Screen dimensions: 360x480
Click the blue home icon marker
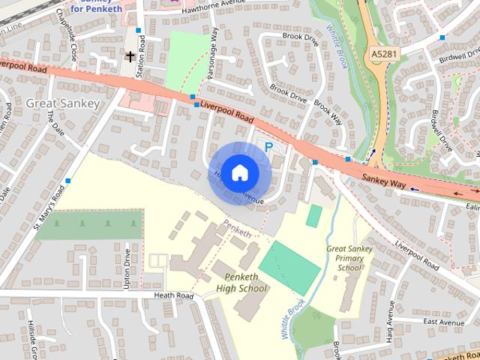coord(238,172)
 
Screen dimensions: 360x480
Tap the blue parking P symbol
coord(268,148)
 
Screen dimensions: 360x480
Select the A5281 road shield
coord(384,55)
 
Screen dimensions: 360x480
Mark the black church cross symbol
coord(130,56)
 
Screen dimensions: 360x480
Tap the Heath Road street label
coord(174,296)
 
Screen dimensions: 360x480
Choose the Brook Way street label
coord(328,114)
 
